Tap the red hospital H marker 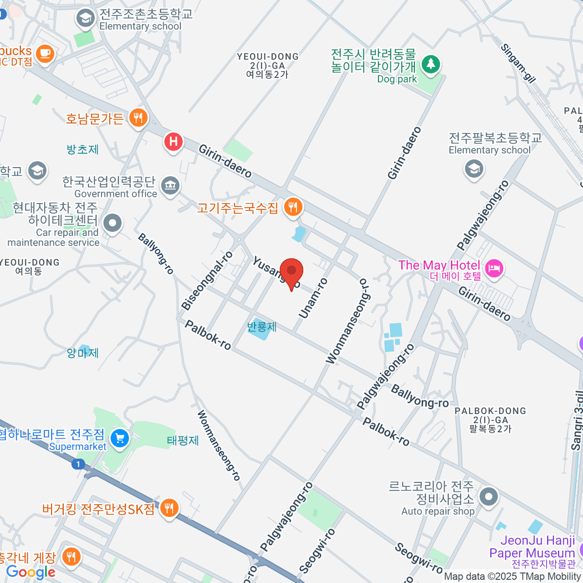click(173, 142)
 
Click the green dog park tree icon click(430, 64)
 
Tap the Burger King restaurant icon click(169, 508)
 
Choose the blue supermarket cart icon click(120, 439)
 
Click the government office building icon click(170, 185)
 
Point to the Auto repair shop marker click(489, 497)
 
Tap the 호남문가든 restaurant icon click(138, 118)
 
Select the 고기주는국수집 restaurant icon click(292, 207)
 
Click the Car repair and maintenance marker click(113, 223)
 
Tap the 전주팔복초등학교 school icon click(474, 169)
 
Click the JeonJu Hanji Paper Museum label click(532, 547)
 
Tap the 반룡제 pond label click(262, 326)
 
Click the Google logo click(31, 572)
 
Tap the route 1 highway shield click(78, 464)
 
